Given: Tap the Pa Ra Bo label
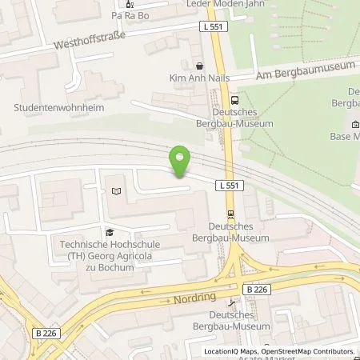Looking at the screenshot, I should pyautogui.click(x=132, y=14).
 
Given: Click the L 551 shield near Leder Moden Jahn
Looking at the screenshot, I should pyautogui.click(x=214, y=26).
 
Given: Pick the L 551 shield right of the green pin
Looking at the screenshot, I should pyautogui.click(x=227, y=185).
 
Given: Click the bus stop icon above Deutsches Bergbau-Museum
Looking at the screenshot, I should pyautogui.click(x=234, y=100).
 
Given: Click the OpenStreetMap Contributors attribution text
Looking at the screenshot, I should pyautogui.click(x=312, y=351).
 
